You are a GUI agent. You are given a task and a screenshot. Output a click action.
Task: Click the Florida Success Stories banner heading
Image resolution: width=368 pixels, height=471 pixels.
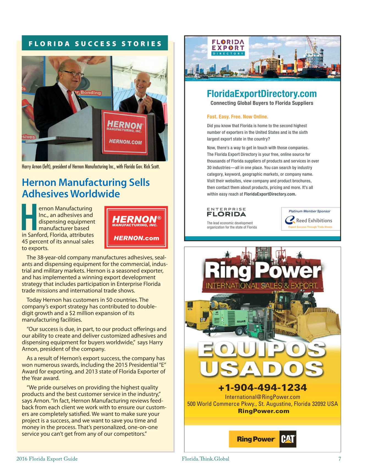95,43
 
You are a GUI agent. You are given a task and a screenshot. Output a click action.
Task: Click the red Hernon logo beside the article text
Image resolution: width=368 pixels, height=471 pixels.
136,227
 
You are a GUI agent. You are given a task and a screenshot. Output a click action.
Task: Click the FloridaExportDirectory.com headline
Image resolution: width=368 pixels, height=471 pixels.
262,94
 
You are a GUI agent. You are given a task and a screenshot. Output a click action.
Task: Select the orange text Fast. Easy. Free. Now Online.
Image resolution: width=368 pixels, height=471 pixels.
237,117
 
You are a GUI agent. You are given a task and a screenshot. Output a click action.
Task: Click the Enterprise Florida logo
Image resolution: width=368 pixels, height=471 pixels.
226,212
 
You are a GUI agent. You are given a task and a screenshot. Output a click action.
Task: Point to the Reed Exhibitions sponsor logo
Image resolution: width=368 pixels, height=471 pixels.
310,220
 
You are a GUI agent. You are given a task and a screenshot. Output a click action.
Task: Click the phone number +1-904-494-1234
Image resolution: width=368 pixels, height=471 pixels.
262,388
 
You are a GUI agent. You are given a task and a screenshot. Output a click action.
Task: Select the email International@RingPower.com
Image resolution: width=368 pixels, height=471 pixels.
262,397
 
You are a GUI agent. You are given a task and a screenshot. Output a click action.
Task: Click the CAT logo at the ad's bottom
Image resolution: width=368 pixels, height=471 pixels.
288,439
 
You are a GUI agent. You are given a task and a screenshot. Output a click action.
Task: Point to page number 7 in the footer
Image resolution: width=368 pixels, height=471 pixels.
339,459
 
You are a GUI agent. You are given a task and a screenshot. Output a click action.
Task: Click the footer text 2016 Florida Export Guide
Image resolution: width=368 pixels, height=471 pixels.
47,459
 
